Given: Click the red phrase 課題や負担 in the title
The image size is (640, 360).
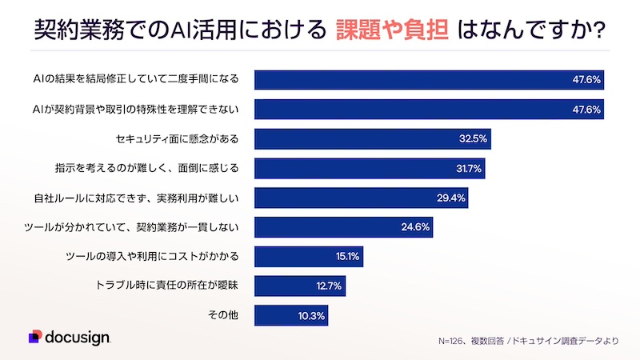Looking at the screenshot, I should click(390, 30).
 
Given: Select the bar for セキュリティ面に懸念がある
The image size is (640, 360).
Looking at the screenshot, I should click(372, 138).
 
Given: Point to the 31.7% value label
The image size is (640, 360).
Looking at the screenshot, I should click(468, 168).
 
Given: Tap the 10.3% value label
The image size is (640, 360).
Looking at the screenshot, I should click(310, 315).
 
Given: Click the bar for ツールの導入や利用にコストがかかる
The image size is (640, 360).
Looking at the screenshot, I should click(308, 257).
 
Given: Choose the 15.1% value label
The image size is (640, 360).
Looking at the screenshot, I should click(346, 257).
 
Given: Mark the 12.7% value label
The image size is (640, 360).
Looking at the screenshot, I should click(330, 286).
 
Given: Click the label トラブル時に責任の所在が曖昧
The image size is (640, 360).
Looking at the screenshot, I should click(173, 286).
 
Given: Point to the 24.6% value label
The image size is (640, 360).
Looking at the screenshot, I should click(415, 227).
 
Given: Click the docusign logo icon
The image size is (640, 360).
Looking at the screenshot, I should click(34, 337).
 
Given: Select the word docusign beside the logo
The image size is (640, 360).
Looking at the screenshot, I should click(78, 337).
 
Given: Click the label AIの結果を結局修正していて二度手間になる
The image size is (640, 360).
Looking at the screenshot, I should click(137, 79).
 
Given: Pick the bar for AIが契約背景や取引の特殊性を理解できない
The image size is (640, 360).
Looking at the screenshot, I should click(429, 109).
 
